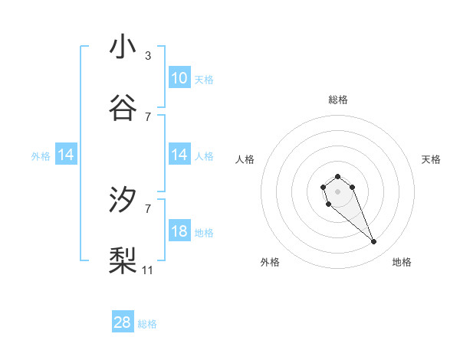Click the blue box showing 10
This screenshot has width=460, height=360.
[179, 78]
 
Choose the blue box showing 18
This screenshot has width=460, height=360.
[179, 231]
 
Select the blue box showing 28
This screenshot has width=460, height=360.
[123, 323]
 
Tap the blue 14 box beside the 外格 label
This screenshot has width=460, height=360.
[66, 155]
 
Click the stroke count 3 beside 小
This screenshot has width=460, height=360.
[147, 55]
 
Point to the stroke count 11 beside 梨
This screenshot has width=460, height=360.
[148, 270]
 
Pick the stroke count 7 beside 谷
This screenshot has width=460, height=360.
[147, 116]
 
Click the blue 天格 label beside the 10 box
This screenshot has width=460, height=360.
[204, 79]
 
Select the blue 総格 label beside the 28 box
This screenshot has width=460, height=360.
[147, 324]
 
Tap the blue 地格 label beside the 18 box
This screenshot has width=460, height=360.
[204, 232]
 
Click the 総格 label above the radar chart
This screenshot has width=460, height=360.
[338, 100]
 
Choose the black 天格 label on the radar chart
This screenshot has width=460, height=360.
[431, 159]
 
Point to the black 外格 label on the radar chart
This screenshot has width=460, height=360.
[270, 262]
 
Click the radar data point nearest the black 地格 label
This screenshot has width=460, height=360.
[374, 242]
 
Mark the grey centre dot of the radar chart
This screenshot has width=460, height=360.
[337, 191]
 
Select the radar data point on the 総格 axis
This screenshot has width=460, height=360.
[337, 176]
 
